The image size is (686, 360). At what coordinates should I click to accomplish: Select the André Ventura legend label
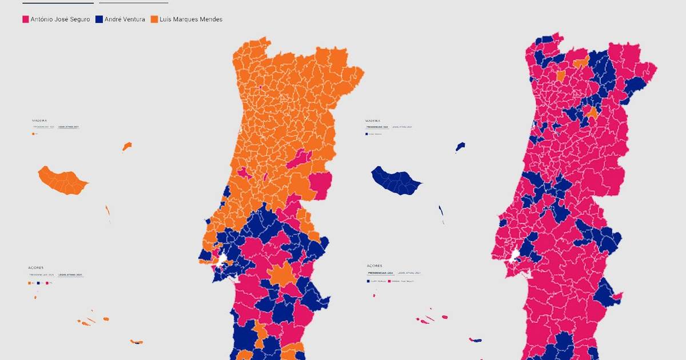[x=125, y=19]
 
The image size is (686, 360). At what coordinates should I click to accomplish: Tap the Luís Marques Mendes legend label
[x=191, y=19]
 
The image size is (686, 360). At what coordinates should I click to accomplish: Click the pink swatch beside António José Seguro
[x=25, y=19]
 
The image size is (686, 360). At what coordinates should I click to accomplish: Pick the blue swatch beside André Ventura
[x=99, y=19]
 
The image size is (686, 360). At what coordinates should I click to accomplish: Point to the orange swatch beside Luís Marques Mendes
[x=154, y=19]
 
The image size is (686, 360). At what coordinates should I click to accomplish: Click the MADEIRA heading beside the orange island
[x=39, y=121]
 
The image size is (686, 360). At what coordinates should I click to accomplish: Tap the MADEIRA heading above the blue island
[x=372, y=121]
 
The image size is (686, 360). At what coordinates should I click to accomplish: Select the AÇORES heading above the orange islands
[x=35, y=267]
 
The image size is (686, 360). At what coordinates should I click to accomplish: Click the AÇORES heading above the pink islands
[x=374, y=266]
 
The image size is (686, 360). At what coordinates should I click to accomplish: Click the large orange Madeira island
[x=62, y=181]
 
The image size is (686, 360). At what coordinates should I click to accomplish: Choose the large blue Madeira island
[x=396, y=181]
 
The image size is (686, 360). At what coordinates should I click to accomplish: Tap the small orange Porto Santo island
[x=127, y=147]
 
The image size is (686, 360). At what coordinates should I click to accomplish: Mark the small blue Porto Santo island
[x=460, y=147]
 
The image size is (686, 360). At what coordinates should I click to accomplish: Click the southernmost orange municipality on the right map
[x=592, y=113]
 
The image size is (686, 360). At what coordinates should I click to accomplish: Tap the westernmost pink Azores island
[x=374, y=295]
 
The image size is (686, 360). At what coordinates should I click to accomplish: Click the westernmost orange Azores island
[x=35, y=297]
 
